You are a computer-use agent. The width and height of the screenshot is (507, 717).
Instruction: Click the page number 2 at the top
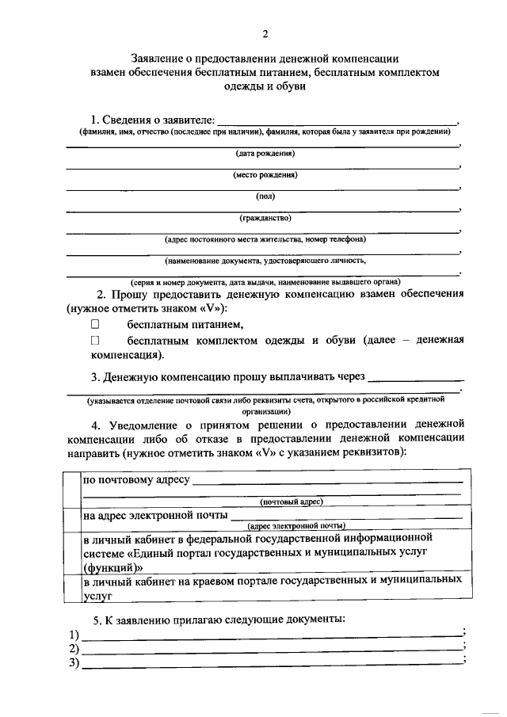[x=265, y=33]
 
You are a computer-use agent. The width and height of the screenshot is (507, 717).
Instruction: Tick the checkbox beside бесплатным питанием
[x=95, y=324]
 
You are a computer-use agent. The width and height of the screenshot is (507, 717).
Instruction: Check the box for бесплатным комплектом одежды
[x=95, y=340]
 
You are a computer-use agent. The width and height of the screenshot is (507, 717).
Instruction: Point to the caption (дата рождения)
[x=265, y=153]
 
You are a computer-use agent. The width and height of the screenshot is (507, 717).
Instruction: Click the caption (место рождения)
[x=265, y=174]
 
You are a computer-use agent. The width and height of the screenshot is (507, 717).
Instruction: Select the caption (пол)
[x=265, y=196]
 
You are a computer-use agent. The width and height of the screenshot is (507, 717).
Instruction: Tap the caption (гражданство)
[x=265, y=217]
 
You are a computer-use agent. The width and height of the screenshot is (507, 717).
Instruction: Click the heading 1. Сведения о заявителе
[x=152, y=119]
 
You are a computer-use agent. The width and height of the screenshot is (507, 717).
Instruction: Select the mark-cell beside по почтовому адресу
[x=71, y=488]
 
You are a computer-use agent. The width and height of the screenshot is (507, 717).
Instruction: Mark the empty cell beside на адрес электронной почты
[x=71, y=518]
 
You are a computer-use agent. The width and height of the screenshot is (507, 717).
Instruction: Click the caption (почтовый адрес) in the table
[x=291, y=502]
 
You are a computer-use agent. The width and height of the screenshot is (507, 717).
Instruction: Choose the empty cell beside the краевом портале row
[x=71, y=588]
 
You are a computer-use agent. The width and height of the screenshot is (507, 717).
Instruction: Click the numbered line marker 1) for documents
[x=74, y=635]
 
